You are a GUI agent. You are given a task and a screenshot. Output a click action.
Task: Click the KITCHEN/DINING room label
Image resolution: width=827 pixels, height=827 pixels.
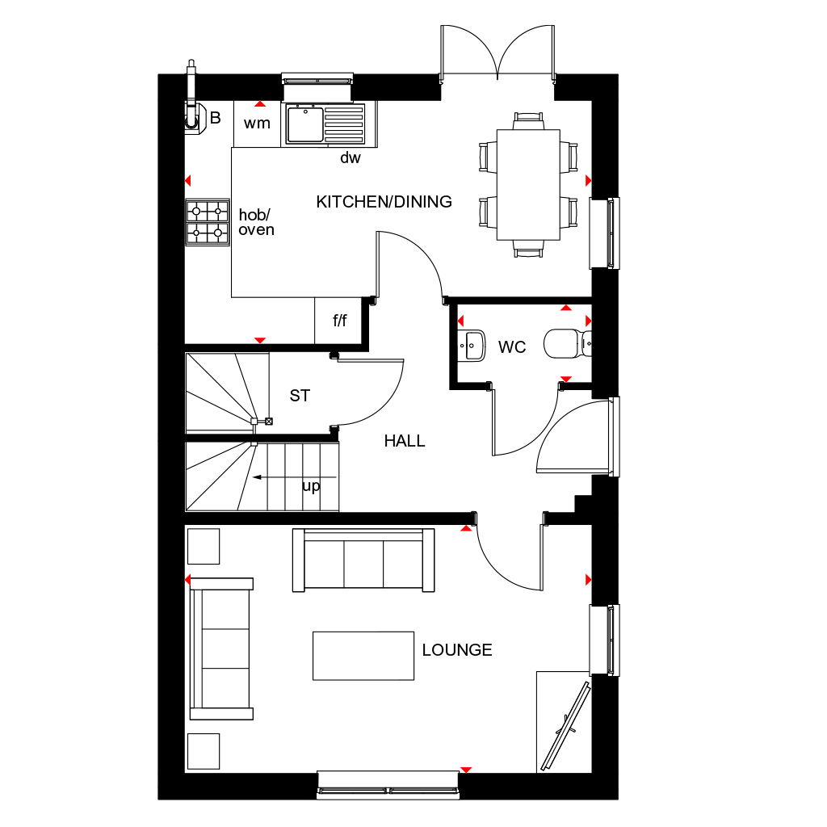pos(384,202)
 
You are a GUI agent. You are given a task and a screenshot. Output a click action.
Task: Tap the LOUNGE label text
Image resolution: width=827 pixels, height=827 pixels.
pos(457,650)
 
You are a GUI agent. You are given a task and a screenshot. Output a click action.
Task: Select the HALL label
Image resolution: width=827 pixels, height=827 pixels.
pos(405,441)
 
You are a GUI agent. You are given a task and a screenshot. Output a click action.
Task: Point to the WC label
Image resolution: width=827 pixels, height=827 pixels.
pos(512,347)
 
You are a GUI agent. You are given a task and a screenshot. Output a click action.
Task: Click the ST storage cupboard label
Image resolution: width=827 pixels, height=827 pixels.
pos(300,396)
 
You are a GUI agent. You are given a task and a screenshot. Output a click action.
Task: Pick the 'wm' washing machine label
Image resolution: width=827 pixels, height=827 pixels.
pos(257,124)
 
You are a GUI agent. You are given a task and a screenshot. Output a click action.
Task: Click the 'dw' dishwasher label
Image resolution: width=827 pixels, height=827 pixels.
pos(350,158)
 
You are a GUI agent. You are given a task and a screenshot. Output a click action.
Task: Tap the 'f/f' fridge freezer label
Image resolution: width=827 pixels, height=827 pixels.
pos(340,321)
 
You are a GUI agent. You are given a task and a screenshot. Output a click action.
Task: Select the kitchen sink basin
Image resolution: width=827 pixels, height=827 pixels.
pos(305,124)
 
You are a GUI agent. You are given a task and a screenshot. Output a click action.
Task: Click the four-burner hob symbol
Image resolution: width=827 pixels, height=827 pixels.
pos(207,222)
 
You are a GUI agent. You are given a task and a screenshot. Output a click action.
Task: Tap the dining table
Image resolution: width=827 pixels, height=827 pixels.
pos(528,184)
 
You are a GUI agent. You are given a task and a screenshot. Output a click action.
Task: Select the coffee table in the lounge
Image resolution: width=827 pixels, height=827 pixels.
pos(363,655)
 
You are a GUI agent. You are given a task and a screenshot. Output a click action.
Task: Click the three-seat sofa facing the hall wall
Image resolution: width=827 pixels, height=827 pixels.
pos(363,559)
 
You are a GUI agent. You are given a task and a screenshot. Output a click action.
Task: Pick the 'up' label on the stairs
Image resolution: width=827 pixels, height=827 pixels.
pos(311,486)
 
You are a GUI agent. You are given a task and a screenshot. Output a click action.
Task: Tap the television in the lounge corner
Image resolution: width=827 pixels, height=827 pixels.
pos(566,724)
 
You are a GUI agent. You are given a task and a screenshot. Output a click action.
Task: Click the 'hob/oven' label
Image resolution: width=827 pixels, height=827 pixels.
pos(257,222)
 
